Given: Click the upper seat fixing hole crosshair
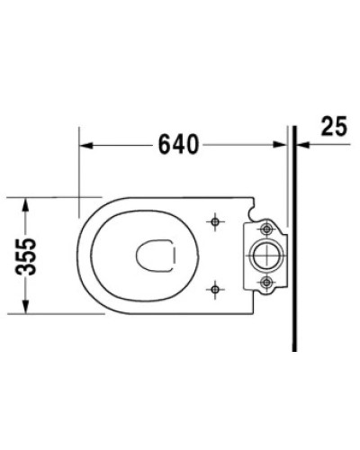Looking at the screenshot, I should coord(215,220).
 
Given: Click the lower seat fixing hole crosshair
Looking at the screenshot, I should coord(215,289).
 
